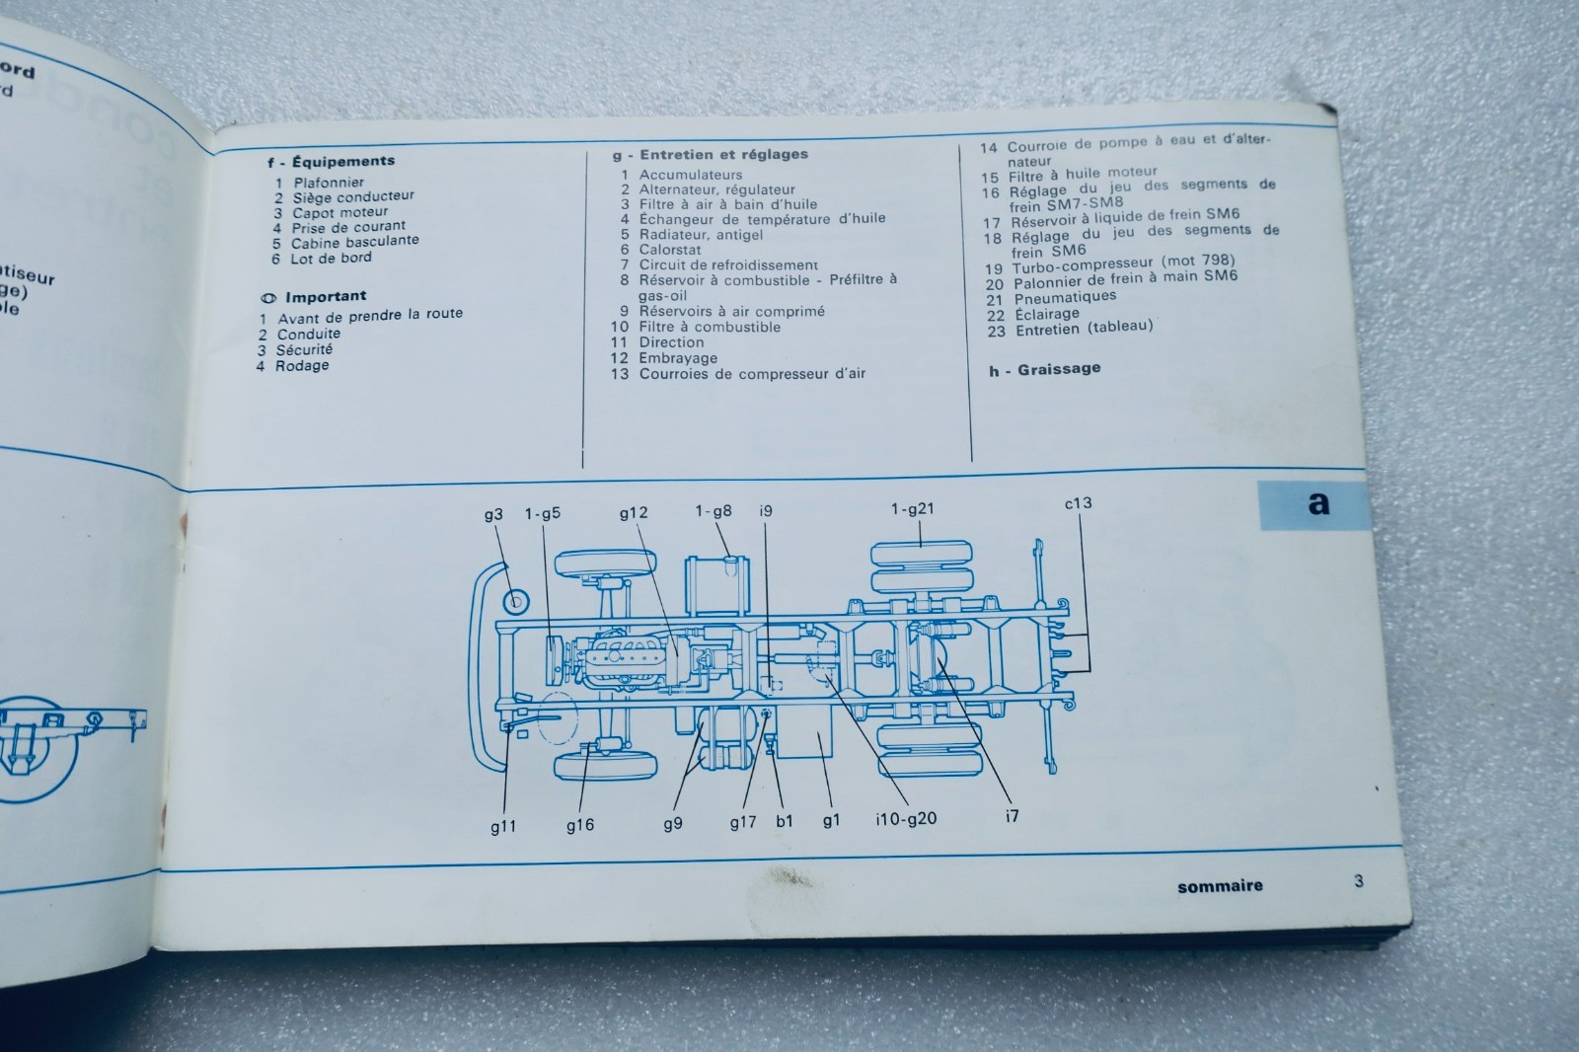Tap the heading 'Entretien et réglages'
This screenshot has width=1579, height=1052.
(723, 154)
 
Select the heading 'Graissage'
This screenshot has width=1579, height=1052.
(1059, 369)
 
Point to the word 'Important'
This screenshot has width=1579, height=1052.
(326, 296)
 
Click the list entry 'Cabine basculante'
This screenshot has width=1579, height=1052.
(354, 242)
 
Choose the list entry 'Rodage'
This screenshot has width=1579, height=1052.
(302, 365)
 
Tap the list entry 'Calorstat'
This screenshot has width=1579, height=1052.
(670, 250)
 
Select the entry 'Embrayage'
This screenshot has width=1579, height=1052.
(678, 358)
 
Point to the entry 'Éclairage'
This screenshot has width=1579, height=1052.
(1046, 314)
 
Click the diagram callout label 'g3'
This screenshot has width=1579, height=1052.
(493, 514)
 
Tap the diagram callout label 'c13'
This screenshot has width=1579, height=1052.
(1078, 502)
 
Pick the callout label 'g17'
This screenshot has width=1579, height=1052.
(742, 821)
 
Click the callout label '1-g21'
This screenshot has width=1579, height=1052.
(911, 508)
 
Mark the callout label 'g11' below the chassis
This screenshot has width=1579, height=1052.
(503, 827)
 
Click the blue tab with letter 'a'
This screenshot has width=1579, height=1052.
(1317, 503)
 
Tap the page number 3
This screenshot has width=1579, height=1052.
(1359, 880)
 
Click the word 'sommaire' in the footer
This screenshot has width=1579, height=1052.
(1219, 886)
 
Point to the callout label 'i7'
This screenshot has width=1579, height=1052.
(1011, 815)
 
